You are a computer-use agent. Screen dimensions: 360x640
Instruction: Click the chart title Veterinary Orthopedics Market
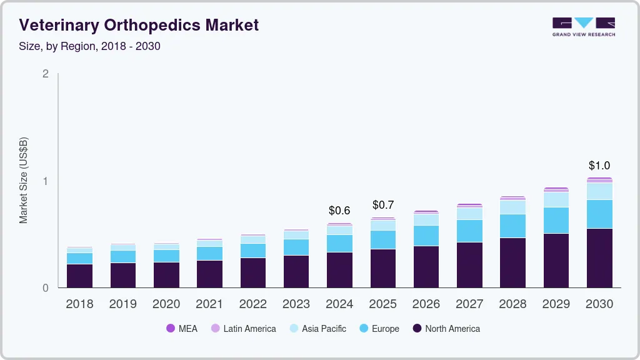[139, 25]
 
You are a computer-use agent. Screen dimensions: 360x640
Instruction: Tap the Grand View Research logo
[583, 26]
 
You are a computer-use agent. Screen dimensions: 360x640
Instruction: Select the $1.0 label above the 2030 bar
[599, 166]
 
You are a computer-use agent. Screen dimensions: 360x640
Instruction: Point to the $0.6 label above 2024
[340, 211]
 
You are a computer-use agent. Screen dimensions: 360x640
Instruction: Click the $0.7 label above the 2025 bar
[383, 205]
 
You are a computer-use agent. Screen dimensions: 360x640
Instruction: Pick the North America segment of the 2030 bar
[599, 257]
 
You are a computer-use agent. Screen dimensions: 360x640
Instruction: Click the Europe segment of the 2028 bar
[513, 226]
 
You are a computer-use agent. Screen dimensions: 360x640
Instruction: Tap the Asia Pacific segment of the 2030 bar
[599, 191]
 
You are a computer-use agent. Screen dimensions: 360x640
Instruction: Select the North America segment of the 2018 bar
[80, 276]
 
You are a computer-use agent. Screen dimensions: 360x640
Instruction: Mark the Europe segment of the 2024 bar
[340, 243]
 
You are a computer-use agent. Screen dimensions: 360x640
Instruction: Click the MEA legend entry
[181, 328]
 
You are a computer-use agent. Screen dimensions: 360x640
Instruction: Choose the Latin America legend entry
[243, 328]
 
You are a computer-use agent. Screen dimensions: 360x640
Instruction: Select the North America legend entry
[446, 328]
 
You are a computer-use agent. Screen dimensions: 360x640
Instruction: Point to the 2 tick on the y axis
[45, 74]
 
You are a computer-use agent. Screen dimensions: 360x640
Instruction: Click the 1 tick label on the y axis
[45, 181]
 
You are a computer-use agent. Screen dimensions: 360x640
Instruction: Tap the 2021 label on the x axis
[210, 304]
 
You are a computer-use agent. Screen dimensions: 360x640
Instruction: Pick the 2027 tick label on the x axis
[470, 304]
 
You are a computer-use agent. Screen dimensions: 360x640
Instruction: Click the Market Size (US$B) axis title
[24, 181]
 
